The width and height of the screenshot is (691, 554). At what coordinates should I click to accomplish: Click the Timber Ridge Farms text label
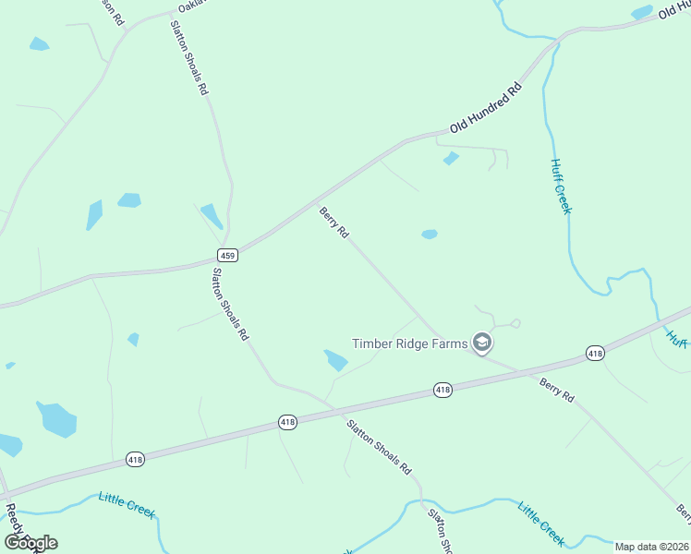(410, 343)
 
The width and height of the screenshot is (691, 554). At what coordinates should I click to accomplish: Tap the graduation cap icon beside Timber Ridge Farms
(481, 343)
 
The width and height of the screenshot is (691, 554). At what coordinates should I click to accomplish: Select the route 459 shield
(228, 254)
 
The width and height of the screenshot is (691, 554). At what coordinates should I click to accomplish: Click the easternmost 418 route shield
(595, 354)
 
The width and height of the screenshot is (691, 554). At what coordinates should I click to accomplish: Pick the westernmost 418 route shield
(136, 459)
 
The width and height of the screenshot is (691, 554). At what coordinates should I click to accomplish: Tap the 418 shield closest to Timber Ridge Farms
(442, 391)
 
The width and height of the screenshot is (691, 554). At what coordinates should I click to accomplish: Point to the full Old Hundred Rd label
(486, 106)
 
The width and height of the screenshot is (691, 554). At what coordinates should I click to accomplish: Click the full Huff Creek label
(561, 187)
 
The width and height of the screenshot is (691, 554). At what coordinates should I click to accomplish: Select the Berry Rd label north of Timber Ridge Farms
(333, 223)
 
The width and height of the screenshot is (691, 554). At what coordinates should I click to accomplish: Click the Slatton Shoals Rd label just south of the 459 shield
(231, 305)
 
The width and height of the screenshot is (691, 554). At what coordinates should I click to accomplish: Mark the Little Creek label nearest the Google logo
(127, 506)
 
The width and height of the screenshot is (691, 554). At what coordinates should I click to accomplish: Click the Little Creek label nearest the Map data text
(540, 524)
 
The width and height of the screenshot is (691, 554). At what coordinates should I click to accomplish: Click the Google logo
(30, 543)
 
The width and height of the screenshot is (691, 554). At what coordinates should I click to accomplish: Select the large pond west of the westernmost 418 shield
(57, 418)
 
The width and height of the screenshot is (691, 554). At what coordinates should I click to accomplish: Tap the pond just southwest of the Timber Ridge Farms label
(335, 360)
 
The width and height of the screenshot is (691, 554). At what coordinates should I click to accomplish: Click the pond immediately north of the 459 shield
(212, 216)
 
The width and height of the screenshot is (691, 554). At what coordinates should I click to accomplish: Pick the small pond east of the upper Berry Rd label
(430, 235)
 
